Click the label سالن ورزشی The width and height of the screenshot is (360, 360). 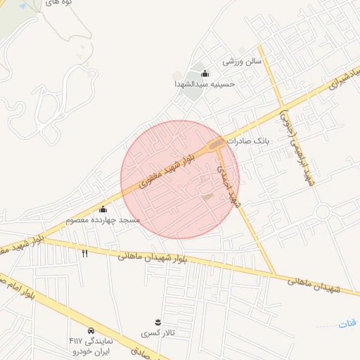click(x=242, y=61)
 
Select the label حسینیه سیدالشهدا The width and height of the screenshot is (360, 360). click(x=205, y=84)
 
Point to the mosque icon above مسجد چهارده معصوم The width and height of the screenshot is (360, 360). click(x=103, y=209)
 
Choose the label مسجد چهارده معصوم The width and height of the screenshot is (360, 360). click(x=103, y=220)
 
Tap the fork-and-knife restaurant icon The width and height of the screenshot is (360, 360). click(x=85, y=253)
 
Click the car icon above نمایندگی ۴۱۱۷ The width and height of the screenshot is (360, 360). click(x=91, y=330)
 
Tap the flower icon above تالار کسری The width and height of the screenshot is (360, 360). click(x=157, y=322)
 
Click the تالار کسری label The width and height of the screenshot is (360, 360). click(x=156, y=333)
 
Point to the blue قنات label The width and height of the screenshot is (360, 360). click(x=347, y=323)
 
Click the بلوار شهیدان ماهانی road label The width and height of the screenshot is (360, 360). click(x=146, y=256)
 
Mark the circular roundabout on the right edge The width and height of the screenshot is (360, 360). click(x=323, y=211)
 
